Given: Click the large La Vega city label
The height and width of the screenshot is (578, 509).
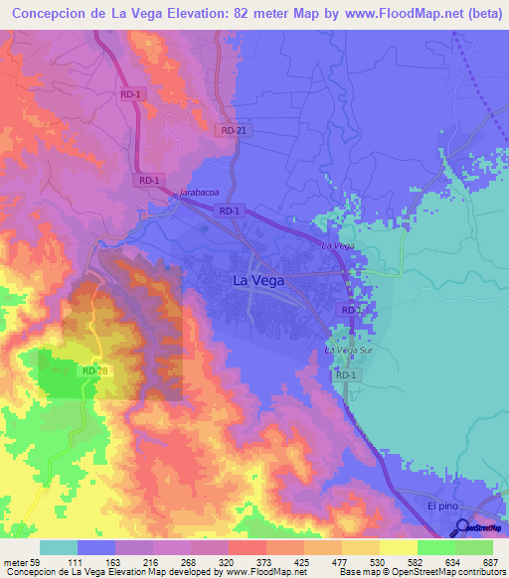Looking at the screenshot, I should (257, 281).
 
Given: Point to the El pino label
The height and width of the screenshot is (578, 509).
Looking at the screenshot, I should (443, 506).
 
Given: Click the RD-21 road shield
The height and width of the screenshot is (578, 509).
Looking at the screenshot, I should (234, 130).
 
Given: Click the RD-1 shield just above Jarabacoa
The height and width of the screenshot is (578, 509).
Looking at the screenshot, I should (149, 180).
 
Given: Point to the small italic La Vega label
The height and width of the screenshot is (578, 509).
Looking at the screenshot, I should (338, 245).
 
